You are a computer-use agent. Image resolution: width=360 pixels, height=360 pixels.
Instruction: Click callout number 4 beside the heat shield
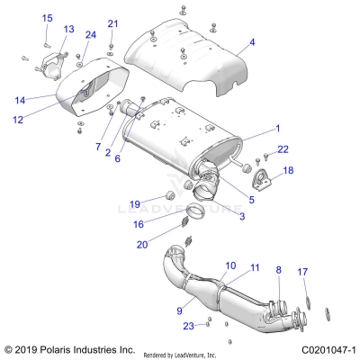[x=252, y=42]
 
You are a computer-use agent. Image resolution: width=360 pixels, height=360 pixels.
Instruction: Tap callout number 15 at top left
[x=47, y=18]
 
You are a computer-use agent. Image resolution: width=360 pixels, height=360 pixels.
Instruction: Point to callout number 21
[x=112, y=23]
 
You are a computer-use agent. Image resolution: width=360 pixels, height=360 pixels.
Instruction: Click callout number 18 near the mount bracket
[x=288, y=170]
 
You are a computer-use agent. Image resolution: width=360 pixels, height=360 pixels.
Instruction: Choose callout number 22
[x=282, y=148]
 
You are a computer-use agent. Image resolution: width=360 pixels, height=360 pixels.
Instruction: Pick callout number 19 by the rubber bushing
[x=135, y=204]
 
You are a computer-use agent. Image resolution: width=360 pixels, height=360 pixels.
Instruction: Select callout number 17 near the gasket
[x=303, y=271]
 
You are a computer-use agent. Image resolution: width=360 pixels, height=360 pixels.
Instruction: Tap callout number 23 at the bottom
[x=187, y=325]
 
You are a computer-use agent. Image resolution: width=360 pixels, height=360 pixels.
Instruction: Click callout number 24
[x=90, y=35]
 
